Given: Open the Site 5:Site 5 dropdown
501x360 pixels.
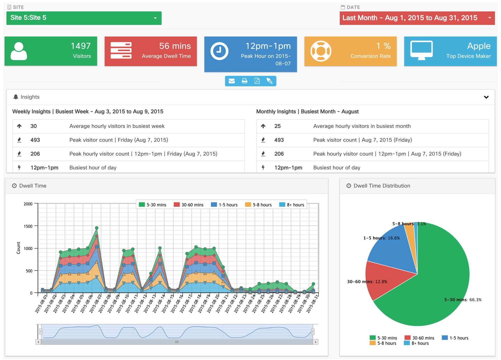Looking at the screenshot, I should [84, 18].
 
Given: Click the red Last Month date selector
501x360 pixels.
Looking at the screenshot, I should [417, 18].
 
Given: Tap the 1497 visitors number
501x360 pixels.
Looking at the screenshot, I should [81, 46].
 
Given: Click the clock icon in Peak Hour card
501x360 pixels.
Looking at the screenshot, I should [219, 51].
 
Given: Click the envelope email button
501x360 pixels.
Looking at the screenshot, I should [232, 81].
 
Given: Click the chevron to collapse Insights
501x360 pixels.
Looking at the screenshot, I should [486, 97].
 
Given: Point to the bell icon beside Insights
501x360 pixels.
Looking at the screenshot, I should [16, 97].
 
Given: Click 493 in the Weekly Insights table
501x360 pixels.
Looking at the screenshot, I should [35, 140].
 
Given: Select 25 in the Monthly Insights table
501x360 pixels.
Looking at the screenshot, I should [277, 126].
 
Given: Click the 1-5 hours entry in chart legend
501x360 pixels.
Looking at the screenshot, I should [224, 205].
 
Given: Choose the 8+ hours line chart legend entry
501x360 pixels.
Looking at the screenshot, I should [292, 205].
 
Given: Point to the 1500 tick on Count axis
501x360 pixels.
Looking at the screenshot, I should [28, 226].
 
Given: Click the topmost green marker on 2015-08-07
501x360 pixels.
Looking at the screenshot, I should [97, 228].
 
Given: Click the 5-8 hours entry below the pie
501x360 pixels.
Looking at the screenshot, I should [383, 343].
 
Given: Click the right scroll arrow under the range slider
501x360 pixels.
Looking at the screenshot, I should [316, 342].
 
